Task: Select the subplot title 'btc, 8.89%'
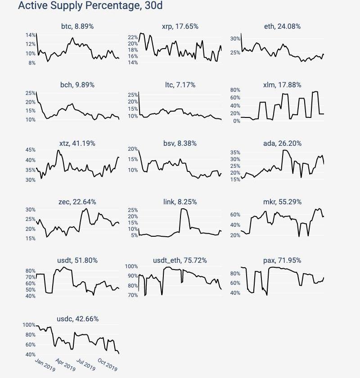(77, 27)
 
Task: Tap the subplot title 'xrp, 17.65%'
(180, 27)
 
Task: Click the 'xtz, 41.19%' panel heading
(77, 144)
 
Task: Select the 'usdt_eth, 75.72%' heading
(180, 261)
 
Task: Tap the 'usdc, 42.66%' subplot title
(77, 319)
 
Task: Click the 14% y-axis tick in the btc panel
(31, 35)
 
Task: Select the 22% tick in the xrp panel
(133, 37)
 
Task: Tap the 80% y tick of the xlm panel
(235, 90)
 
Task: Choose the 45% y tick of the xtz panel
(31, 150)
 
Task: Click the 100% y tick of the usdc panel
(29, 325)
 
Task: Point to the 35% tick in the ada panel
(235, 153)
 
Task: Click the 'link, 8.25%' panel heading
(180, 202)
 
